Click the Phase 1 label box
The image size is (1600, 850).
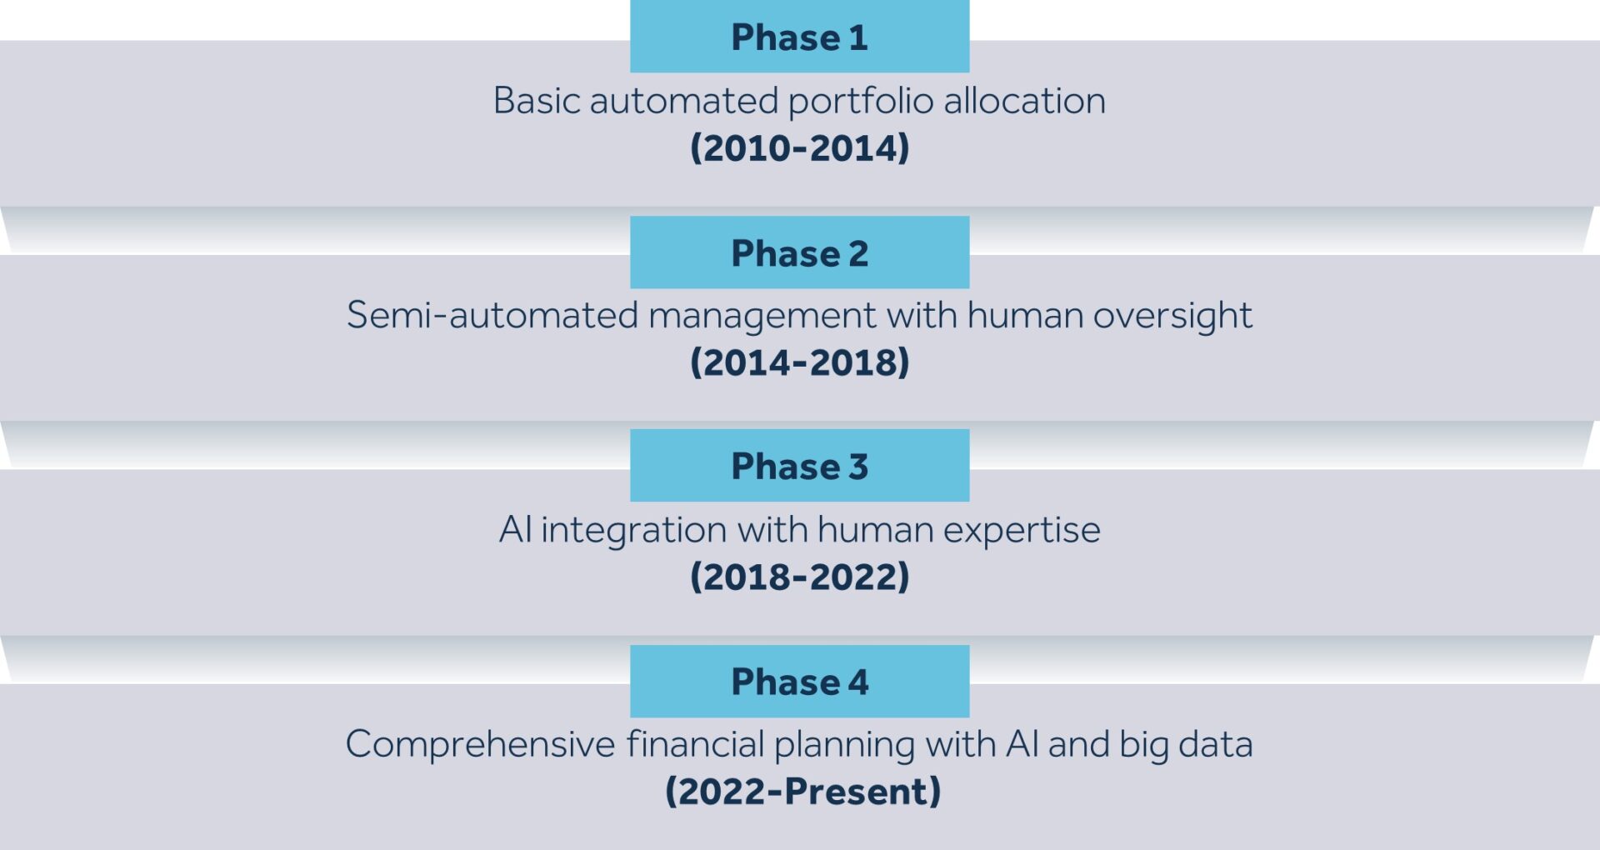coord(799,37)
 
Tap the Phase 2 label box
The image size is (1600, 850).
coord(799,252)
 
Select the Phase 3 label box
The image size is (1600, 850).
coord(799,466)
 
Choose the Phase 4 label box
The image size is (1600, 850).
coord(799,681)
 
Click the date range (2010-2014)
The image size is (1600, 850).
coord(799,148)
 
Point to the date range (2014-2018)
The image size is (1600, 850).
coord(799,362)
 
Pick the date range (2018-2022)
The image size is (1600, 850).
coord(799,577)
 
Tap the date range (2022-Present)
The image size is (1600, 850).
coord(802,791)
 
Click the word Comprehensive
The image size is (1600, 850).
coord(480,744)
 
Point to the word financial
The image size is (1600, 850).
coord(695,744)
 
